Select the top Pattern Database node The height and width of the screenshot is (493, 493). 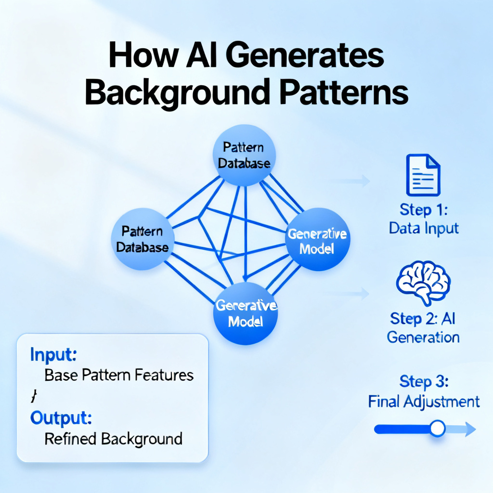click(244, 156)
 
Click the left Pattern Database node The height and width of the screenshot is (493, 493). click(143, 239)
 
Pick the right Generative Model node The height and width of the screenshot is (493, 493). click(318, 239)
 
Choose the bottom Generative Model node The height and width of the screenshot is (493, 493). click(246, 313)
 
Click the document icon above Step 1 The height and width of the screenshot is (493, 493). click(423, 175)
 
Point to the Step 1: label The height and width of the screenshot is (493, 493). click(424, 210)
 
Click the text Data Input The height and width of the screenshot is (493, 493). click(424, 228)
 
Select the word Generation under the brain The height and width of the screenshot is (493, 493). click(423, 337)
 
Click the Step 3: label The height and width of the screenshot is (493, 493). click(424, 381)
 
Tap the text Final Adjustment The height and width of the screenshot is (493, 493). click(424, 402)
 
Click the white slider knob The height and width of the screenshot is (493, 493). click(437, 428)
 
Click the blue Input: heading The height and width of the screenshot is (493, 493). click(53, 355)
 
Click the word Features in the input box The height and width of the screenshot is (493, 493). click(164, 375)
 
